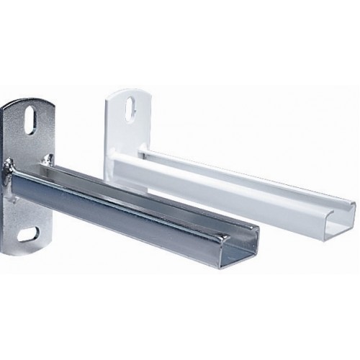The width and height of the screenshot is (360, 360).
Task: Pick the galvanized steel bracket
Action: pyautogui.click(x=108, y=194)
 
